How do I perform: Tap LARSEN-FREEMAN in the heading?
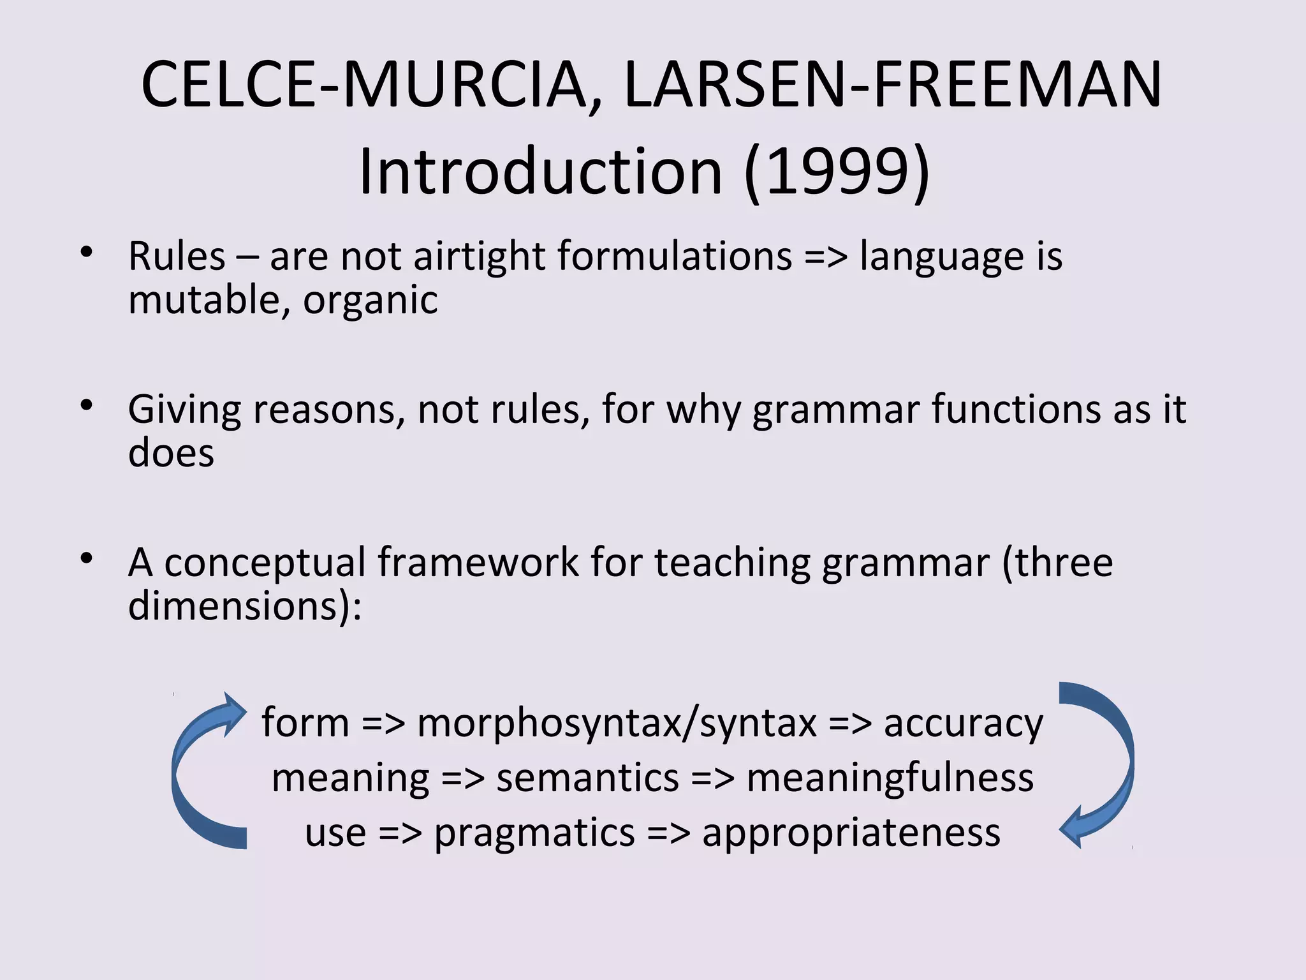pyautogui.click(x=893, y=85)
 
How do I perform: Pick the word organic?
pyautogui.click(x=370, y=301)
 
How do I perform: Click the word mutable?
pyautogui.click(x=203, y=301)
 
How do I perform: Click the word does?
pyautogui.click(x=171, y=454)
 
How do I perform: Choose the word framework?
pyautogui.click(x=478, y=563)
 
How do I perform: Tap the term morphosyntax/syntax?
pyautogui.click(x=617, y=724)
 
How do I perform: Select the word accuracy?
pyautogui.click(x=963, y=724)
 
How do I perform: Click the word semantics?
pyautogui.click(x=587, y=779)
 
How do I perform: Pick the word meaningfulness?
pyautogui.click(x=890, y=779)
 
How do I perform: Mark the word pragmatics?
pyautogui.click(x=534, y=833)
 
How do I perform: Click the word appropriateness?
pyautogui.click(x=851, y=833)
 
